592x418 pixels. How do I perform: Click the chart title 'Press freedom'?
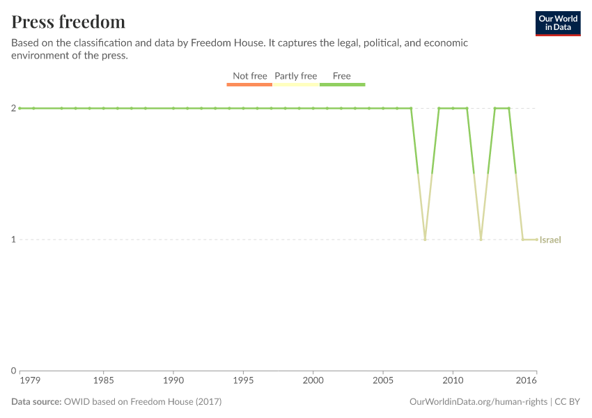[x=68, y=22]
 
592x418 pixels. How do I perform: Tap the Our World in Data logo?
[x=557, y=23]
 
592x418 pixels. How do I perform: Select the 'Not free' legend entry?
[x=249, y=76]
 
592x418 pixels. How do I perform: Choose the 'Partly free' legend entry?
[x=295, y=76]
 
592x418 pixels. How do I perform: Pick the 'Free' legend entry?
[x=342, y=76]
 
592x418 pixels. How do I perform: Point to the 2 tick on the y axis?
[x=13, y=108]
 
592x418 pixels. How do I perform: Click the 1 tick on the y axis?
[x=13, y=240]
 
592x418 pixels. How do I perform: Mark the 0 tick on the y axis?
[x=13, y=371]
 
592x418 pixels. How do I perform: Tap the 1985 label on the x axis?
[x=103, y=381]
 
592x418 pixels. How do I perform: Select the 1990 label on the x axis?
[x=173, y=381]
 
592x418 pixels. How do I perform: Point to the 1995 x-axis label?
[x=243, y=381]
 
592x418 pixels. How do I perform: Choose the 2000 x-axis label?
[x=313, y=381]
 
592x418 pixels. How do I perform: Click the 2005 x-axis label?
[x=383, y=381]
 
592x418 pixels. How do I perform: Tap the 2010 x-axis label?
[x=453, y=381]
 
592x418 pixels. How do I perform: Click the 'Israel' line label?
[x=550, y=240]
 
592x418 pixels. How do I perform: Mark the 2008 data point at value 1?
[x=425, y=240]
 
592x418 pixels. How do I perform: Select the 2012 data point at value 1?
[x=481, y=240]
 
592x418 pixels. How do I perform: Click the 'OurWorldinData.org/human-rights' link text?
[x=478, y=402]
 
